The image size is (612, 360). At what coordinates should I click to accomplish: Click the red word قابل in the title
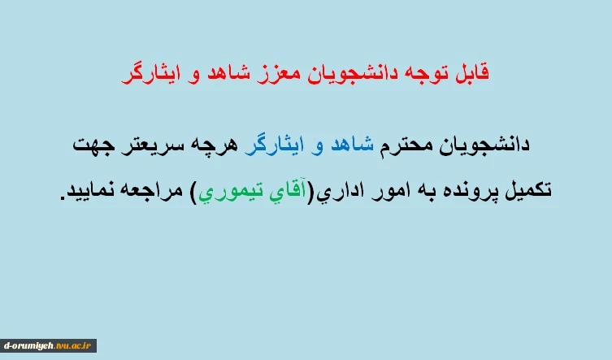click(472, 73)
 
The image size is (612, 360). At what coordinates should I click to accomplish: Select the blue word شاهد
click(352, 145)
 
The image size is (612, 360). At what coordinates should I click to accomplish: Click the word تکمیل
click(528, 190)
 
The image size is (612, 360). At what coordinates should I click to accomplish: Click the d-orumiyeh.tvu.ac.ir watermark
click(48, 345)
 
